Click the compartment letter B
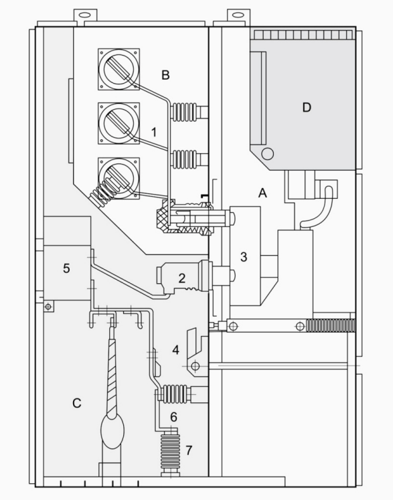pyautogui.click(x=165, y=75)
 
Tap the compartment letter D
pyautogui.click(x=307, y=108)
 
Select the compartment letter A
pyautogui.click(x=262, y=193)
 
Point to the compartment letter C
pyautogui.click(x=77, y=403)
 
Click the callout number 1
pyautogui.click(x=154, y=132)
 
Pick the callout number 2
pyautogui.click(x=182, y=278)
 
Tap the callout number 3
pyautogui.click(x=244, y=257)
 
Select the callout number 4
pyautogui.click(x=176, y=350)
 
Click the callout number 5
pyautogui.click(x=66, y=268)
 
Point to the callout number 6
pyautogui.click(x=174, y=417)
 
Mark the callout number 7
pyautogui.click(x=189, y=450)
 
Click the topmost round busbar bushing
pyautogui.click(x=119, y=69)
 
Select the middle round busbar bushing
pyautogui.click(x=119, y=123)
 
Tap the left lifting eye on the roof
pyautogui.click(x=85, y=15)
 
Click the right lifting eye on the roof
pyautogui.click(x=238, y=15)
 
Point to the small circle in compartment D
pyautogui.click(x=267, y=154)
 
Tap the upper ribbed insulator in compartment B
pyautogui.click(x=184, y=112)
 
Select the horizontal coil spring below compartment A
pyautogui.click(x=331, y=325)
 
